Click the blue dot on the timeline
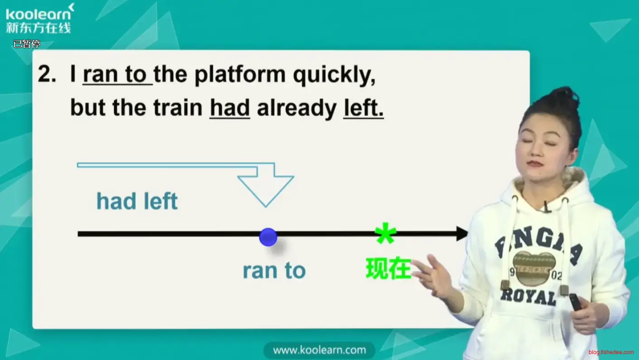point(268,237)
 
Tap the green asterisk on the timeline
point(386,233)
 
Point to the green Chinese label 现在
point(389,268)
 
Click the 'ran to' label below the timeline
point(274,270)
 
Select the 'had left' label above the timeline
point(137,201)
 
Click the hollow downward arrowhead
point(266,191)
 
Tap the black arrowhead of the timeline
point(462,234)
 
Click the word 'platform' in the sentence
point(240,75)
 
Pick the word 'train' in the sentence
point(178,108)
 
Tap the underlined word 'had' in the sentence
point(230,108)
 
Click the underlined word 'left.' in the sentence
point(363,108)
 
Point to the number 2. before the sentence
point(47,74)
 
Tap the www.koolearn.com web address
point(319,350)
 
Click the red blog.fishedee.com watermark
point(611,352)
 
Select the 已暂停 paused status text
point(27,44)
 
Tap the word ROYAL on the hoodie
point(529,297)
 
